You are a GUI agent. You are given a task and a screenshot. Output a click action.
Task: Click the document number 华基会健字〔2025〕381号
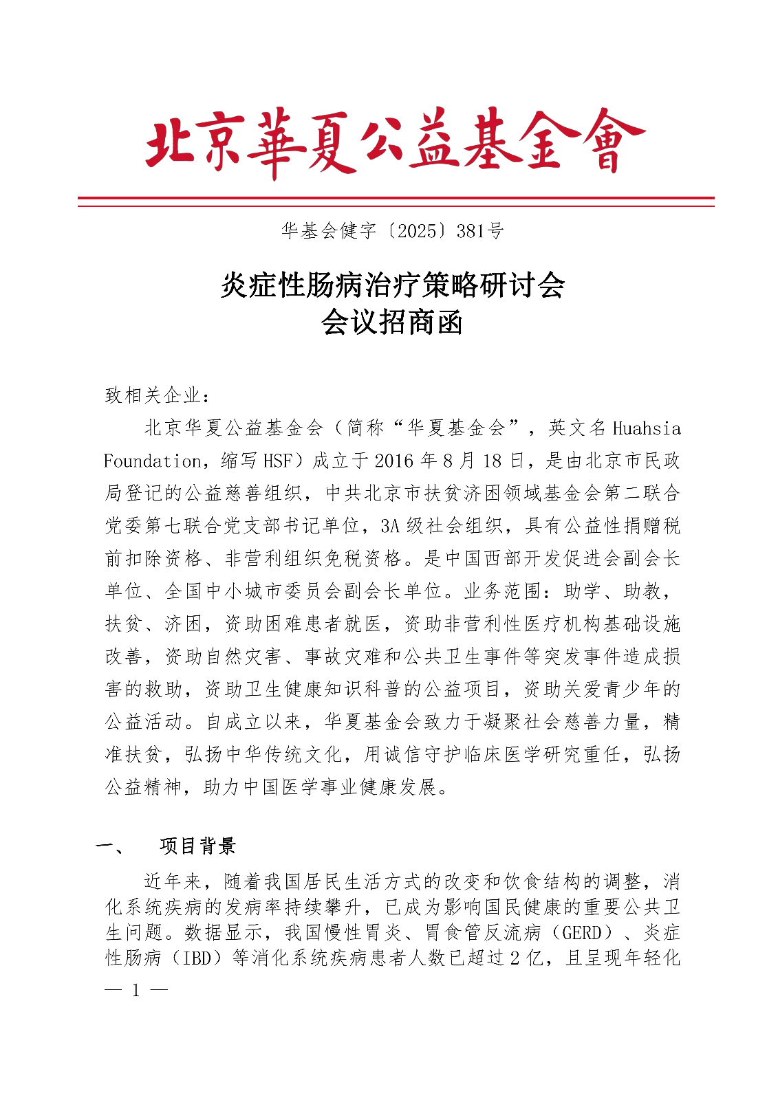392,231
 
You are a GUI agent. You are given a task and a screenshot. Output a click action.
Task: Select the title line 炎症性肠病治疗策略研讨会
392,285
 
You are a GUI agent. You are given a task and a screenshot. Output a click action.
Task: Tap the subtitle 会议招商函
391,322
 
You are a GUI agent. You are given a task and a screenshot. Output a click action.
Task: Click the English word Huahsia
646,428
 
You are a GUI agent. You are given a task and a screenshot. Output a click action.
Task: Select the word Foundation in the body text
152,461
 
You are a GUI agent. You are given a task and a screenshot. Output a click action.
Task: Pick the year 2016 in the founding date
396,461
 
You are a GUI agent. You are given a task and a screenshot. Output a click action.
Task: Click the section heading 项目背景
198,846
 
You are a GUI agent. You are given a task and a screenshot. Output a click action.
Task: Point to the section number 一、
110,846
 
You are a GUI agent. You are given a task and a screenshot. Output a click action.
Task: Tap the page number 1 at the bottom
136,991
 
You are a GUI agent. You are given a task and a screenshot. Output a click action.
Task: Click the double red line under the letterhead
396,201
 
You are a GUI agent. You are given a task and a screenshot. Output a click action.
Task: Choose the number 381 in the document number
470,231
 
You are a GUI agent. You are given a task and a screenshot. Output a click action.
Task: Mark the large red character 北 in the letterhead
172,142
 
